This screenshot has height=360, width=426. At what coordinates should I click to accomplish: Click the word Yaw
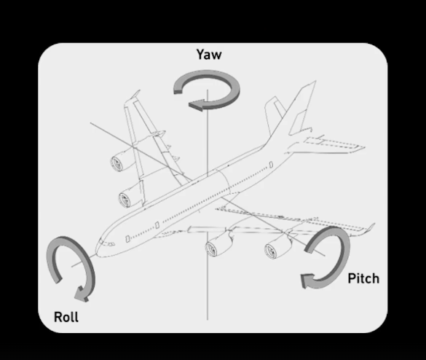pyautogui.click(x=209, y=55)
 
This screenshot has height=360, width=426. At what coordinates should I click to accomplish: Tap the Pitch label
pyautogui.click(x=363, y=278)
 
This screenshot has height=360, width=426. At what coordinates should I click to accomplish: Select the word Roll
pyautogui.click(x=66, y=317)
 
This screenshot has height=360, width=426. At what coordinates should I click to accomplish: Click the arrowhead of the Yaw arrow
pyautogui.click(x=196, y=105)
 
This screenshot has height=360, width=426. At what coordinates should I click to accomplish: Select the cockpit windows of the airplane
pyautogui.click(x=107, y=243)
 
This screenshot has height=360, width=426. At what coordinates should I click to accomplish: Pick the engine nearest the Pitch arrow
pyautogui.click(x=278, y=246)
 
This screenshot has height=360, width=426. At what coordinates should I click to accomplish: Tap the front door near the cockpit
pyautogui.click(x=127, y=239)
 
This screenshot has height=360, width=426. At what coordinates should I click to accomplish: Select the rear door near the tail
pyautogui.click(x=271, y=165)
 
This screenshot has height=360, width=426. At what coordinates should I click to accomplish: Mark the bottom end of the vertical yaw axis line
pyautogui.click(x=208, y=320)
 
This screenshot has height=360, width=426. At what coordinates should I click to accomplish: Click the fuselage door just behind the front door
pyautogui.click(x=157, y=225)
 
